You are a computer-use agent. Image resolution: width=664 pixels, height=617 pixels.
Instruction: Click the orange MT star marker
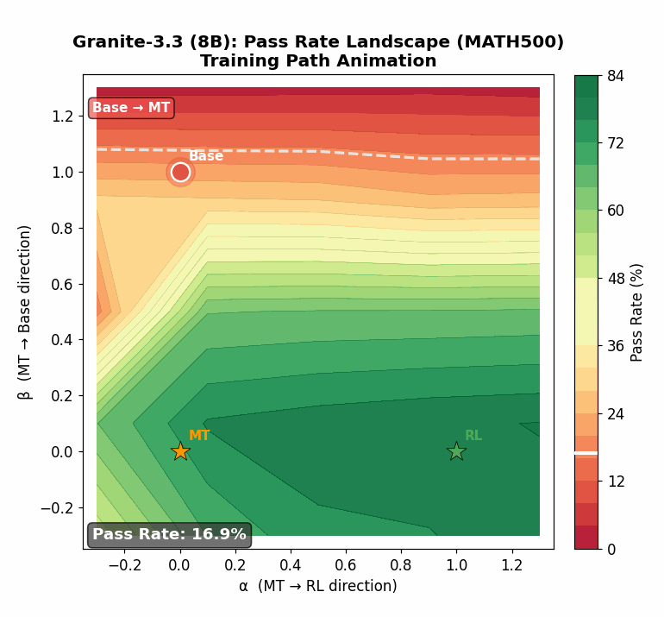coord(180,451)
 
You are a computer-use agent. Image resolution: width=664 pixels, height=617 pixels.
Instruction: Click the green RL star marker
coord(456,451)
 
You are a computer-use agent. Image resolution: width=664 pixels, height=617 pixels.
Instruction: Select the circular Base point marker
coord(180,172)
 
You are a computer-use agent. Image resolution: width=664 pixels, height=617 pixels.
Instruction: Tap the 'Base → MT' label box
coord(131,108)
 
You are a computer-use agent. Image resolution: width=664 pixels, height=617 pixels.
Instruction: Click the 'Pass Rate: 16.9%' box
coord(169,535)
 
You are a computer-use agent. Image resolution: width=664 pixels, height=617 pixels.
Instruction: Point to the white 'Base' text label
coord(206,156)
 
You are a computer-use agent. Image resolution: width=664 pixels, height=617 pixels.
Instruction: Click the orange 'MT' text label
coord(199,436)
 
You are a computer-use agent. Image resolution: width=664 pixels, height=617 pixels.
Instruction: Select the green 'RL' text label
coord(473,436)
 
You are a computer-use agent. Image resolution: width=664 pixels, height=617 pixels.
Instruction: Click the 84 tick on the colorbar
coord(614,76)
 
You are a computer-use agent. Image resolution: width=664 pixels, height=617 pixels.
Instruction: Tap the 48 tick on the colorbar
coord(614,279)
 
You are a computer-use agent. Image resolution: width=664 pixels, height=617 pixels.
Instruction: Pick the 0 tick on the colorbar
coord(610,549)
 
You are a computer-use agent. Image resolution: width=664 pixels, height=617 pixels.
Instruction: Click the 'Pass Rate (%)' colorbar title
coord(637,312)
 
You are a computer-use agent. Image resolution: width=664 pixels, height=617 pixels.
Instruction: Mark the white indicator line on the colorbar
coord(586,452)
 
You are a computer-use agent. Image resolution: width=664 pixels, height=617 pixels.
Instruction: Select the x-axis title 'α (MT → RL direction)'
coord(318,587)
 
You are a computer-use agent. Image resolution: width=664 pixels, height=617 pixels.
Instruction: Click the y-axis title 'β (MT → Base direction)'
coord(26,312)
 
